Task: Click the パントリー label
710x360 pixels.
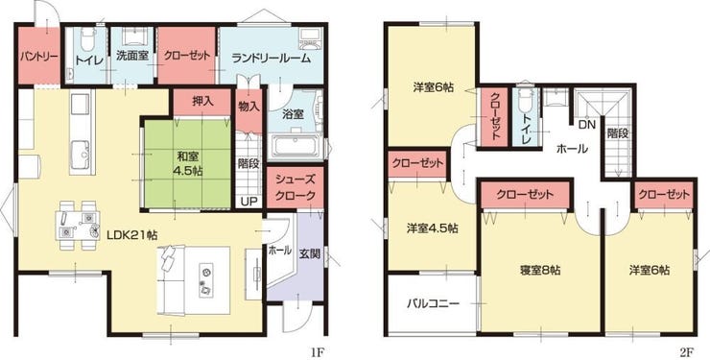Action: pos(37,57)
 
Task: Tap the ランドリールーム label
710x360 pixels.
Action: pos(271,58)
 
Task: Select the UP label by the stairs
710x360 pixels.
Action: pos(248,201)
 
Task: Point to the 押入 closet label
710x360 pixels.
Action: pos(202,101)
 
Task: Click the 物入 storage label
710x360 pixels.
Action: pos(248,106)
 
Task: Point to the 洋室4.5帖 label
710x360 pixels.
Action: pos(432,228)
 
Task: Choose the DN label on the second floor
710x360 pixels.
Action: pos(586,124)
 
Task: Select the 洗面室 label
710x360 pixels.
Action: pos(132,58)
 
